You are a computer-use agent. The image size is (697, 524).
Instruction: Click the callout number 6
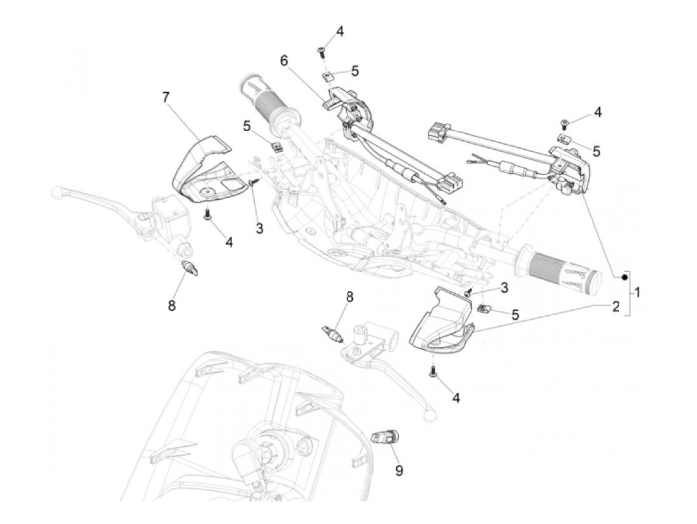pyautogui.click(x=284, y=61)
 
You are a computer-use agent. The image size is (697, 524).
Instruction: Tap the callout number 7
pyautogui.click(x=166, y=97)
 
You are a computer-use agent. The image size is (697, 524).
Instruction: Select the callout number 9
pyautogui.click(x=399, y=470)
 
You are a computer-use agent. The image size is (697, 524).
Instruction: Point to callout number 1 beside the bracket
pyautogui.click(x=637, y=293)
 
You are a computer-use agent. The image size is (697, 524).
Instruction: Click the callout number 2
pyautogui.click(x=616, y=306)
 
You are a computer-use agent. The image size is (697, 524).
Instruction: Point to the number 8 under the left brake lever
pyautogui.click(x=172, y=305)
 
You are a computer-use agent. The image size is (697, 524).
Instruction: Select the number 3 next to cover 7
pyautogui.click(x=259, y=229)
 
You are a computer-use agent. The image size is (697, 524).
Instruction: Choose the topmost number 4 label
pyautogui.click(x=340, y=32)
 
